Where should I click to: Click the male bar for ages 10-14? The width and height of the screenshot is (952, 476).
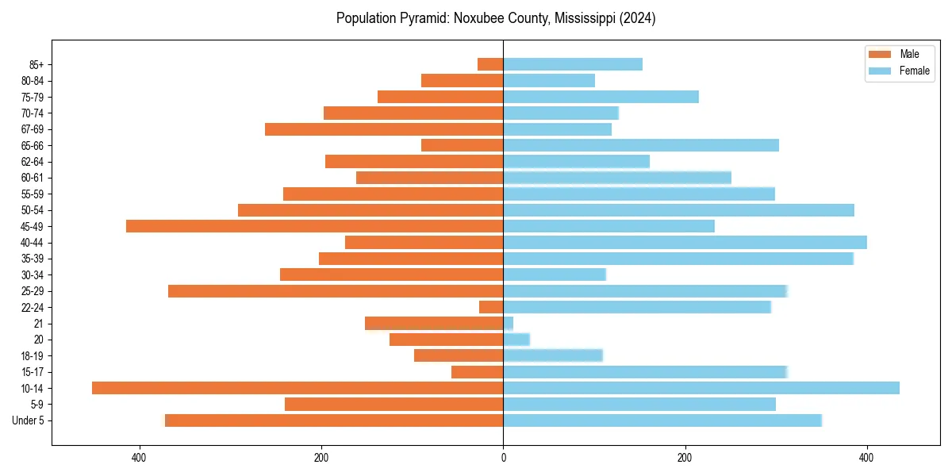297,388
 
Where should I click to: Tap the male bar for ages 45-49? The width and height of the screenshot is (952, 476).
314,226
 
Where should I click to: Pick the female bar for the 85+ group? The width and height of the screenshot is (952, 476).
573,64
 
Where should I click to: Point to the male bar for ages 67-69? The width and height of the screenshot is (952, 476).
384,129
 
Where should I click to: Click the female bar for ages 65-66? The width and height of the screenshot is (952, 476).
641,145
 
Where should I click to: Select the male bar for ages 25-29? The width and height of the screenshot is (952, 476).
336,291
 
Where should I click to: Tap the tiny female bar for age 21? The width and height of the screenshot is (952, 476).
509,323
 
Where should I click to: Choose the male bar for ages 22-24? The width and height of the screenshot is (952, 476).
491,307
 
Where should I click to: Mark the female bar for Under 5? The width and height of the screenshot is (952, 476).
662,420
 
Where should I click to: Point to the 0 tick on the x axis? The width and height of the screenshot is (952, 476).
503,458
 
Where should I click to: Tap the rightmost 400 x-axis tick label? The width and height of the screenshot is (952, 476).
866,458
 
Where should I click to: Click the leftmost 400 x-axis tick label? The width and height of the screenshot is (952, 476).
140,458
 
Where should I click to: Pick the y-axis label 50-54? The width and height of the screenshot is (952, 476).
33,210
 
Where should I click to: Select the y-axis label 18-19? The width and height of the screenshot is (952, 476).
33,355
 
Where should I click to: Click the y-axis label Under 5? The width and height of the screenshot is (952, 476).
29,420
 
